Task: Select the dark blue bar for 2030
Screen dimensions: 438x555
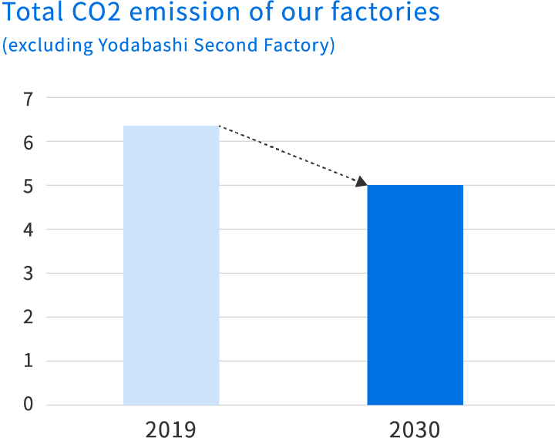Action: pyautogui.click(x=415, y=295)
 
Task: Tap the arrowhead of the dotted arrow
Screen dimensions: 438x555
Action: pyautogui.click(x=361, y=182)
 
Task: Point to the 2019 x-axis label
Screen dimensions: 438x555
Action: pyautogui.click(x=170, y=428)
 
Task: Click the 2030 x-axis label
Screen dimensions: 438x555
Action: pyautogui.click(x=415, y=428)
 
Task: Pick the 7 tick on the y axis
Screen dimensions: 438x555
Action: pyautogui.click(x=29, y=99)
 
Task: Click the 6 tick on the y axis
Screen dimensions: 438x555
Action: pyautogui.click(x=29, y=143)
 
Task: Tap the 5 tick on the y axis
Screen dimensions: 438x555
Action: pyautogui.click(x=29, y=187)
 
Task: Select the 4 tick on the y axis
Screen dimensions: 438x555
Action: pyautogui.click(x=29, y=230)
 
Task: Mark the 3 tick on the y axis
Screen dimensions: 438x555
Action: pyautogui.click(x=29, y=274)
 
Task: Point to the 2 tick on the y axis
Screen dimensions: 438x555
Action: pyautogui.click(x=29, y=318)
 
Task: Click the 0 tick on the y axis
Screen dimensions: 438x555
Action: pyautogui.click(x=29, y=405)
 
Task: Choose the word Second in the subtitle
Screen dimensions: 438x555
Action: pyautogui.click(x=223, y=45)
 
